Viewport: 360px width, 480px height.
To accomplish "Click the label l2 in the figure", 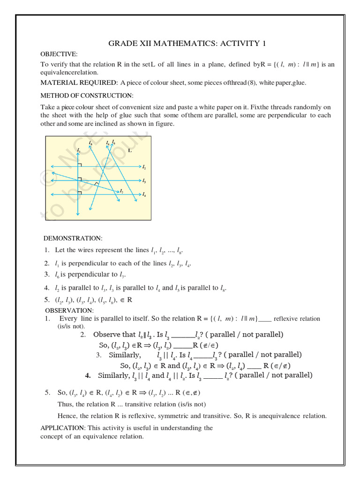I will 144,167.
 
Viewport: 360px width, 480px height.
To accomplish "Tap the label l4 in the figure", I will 144,195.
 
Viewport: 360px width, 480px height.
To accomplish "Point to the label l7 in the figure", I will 121,192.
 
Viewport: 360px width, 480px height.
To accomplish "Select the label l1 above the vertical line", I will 79,151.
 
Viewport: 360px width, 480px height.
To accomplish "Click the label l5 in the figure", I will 90,142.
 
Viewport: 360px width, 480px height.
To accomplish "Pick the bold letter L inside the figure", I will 130,150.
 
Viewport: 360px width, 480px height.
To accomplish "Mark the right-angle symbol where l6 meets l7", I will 96,184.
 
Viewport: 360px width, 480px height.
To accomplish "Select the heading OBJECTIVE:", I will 59,54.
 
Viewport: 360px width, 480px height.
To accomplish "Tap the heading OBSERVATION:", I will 69,310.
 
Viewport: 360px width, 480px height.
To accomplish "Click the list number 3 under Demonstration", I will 47,275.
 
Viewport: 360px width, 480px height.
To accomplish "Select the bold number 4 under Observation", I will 88,375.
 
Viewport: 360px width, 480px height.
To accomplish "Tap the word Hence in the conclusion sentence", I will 66,416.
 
